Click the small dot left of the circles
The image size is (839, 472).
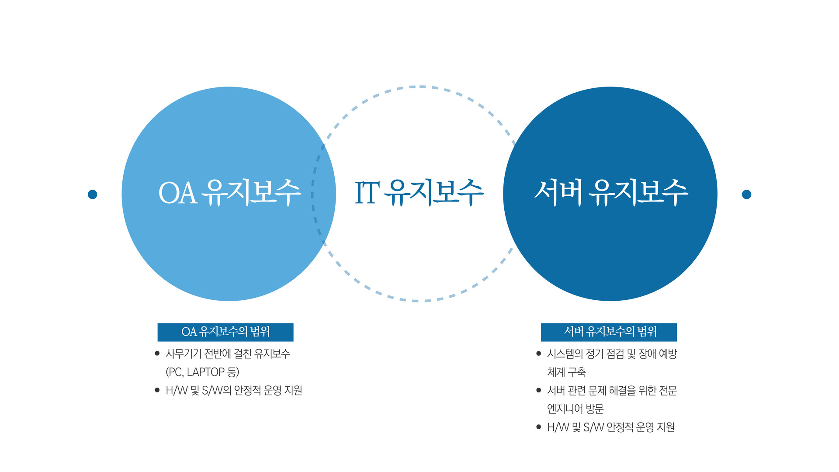click(92, 194)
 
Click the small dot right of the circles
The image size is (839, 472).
click(746, 194)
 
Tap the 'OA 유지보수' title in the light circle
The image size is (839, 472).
click(229, 192)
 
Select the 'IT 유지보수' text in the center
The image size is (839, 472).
click(419, 192)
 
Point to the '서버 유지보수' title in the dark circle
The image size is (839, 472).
click(611, 192)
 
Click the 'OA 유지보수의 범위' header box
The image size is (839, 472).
click(225, 332)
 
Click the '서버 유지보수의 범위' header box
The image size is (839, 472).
click(609, 332)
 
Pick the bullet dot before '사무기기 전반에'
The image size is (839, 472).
click(157, 354)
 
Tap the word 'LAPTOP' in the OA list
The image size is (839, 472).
click(205, 372)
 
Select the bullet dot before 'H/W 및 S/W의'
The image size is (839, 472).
click(157, 390)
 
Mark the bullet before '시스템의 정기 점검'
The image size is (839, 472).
click(539, 354)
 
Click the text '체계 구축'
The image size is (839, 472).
click(566, 372)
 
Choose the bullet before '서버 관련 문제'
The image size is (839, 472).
click(539, 390)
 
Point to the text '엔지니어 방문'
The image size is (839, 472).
click(575, 409)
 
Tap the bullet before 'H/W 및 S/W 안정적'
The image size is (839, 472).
click(539, 427)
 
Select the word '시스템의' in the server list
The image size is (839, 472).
click(565, 354)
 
